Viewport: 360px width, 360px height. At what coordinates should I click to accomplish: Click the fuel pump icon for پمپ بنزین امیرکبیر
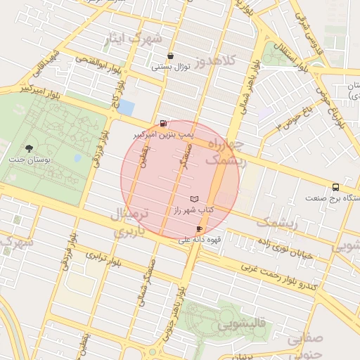coord(164,122)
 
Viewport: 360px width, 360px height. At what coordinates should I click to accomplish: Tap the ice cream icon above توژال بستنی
coord(170,56)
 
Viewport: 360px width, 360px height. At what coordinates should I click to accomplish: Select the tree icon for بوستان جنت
coord(29,148)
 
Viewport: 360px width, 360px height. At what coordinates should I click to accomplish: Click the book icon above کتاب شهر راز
coord(195,200)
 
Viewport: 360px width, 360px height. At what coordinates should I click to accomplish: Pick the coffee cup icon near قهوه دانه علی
coord(199,229)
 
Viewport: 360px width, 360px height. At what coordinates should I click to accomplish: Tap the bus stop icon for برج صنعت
coord(335,187)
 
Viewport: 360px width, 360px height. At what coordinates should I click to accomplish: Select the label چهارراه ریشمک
coord(226,153)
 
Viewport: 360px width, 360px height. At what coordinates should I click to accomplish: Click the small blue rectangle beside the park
coord(126,107)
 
